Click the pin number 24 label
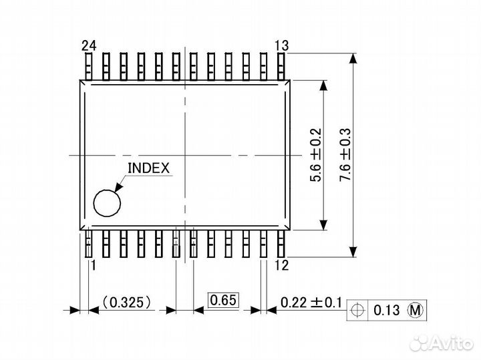89,45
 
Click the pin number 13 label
281,45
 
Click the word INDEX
148,168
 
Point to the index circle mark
107,203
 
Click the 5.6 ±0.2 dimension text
316,155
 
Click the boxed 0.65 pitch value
223,301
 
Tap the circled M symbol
416,311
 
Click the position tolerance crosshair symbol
357,311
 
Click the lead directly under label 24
88,66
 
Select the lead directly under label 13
281,66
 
